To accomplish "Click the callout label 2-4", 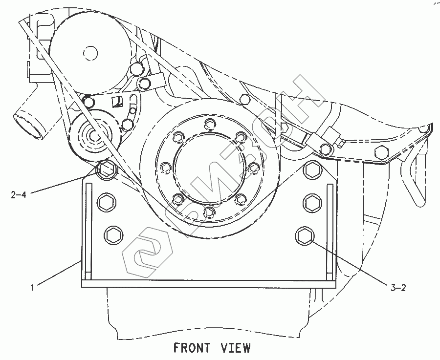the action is (x=18, y=194).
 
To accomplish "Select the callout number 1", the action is (x=32, y=288).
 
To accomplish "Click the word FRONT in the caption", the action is (x=192, y=348).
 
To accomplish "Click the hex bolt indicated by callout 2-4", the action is (x=106, y=170).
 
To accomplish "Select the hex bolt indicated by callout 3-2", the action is (x=304, y=235).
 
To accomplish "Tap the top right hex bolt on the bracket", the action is (x=311, y=170).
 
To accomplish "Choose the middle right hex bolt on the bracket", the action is (x=311, y=201).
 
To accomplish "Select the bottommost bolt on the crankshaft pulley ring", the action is (x=209, y=212).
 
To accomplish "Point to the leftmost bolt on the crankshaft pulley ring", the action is (x=165, y=167).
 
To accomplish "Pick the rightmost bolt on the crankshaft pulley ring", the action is (x=253, y=167).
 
